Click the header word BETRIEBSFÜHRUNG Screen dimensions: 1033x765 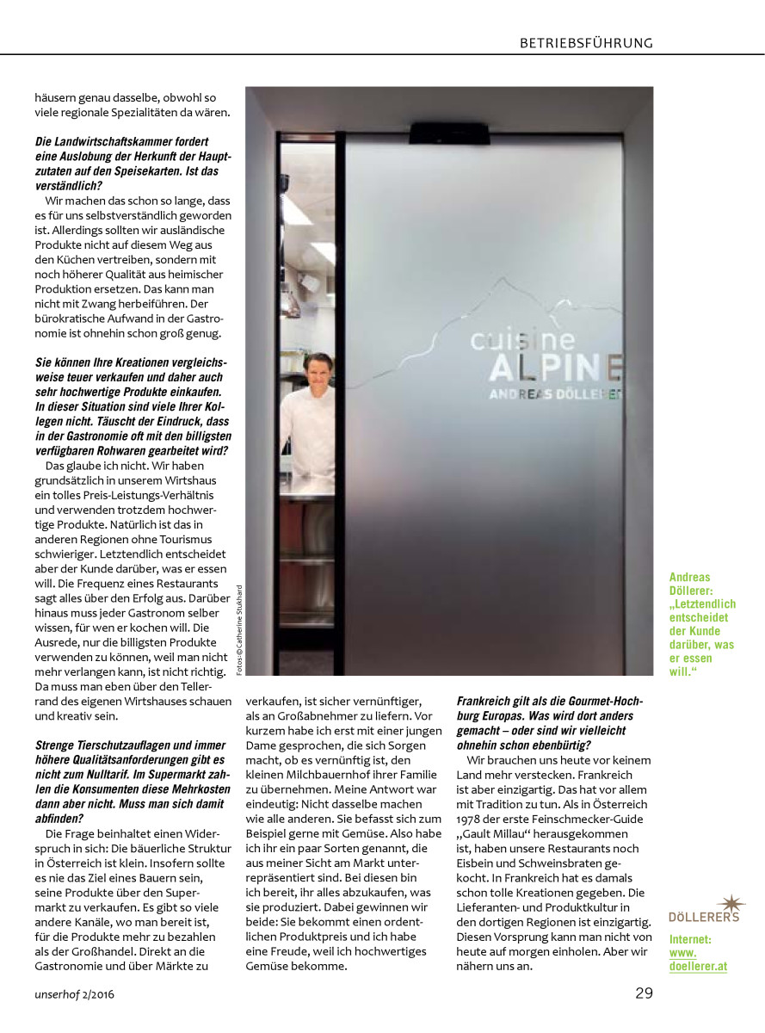click(586, 43)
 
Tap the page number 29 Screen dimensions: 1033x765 click(644, 993)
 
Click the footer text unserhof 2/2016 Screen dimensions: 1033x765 click(75, 994)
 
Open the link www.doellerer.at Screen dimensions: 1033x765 click(698, 960)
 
